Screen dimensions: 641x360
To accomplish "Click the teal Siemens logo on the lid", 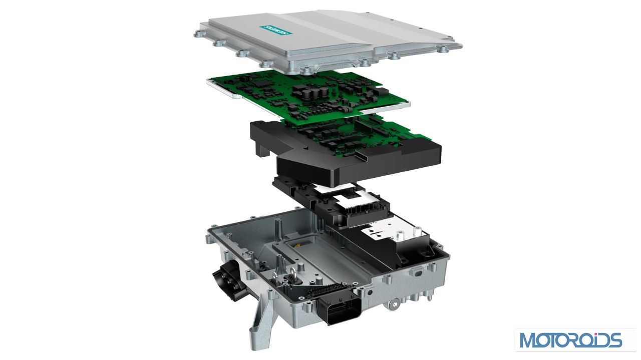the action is click(x=276, y=30).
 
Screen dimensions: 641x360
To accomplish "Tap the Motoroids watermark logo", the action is click(x=571, y=340).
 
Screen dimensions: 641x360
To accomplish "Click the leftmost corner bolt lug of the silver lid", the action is click(x=198, y=35).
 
